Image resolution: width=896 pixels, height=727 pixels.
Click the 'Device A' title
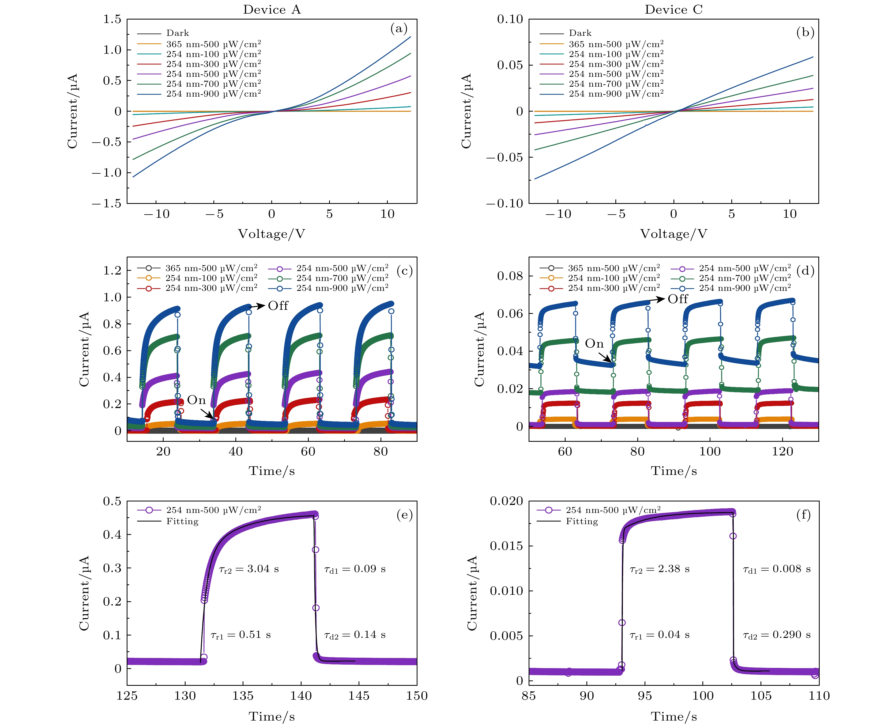[272, 10]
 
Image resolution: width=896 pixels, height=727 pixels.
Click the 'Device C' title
[673, 10]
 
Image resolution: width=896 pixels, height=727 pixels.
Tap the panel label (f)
[803, 514]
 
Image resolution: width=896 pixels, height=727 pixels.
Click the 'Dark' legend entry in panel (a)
[177, 33]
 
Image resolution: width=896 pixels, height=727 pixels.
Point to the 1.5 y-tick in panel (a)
[112, 19]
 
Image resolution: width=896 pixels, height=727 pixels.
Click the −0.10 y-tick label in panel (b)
[505, 204]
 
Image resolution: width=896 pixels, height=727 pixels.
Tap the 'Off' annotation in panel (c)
[278, 306]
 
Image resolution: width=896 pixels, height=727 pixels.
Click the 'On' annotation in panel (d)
[594, 344]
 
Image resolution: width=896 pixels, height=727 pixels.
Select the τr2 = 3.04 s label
[249, 569]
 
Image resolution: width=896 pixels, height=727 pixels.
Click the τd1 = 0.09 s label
[355, 569]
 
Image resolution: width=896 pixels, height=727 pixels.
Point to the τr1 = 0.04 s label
[660, 635]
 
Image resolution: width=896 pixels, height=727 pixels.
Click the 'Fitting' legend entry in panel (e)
[182, 522]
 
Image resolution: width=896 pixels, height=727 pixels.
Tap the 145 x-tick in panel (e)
[359, 696]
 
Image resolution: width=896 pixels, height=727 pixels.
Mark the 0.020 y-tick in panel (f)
[506, 501]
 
